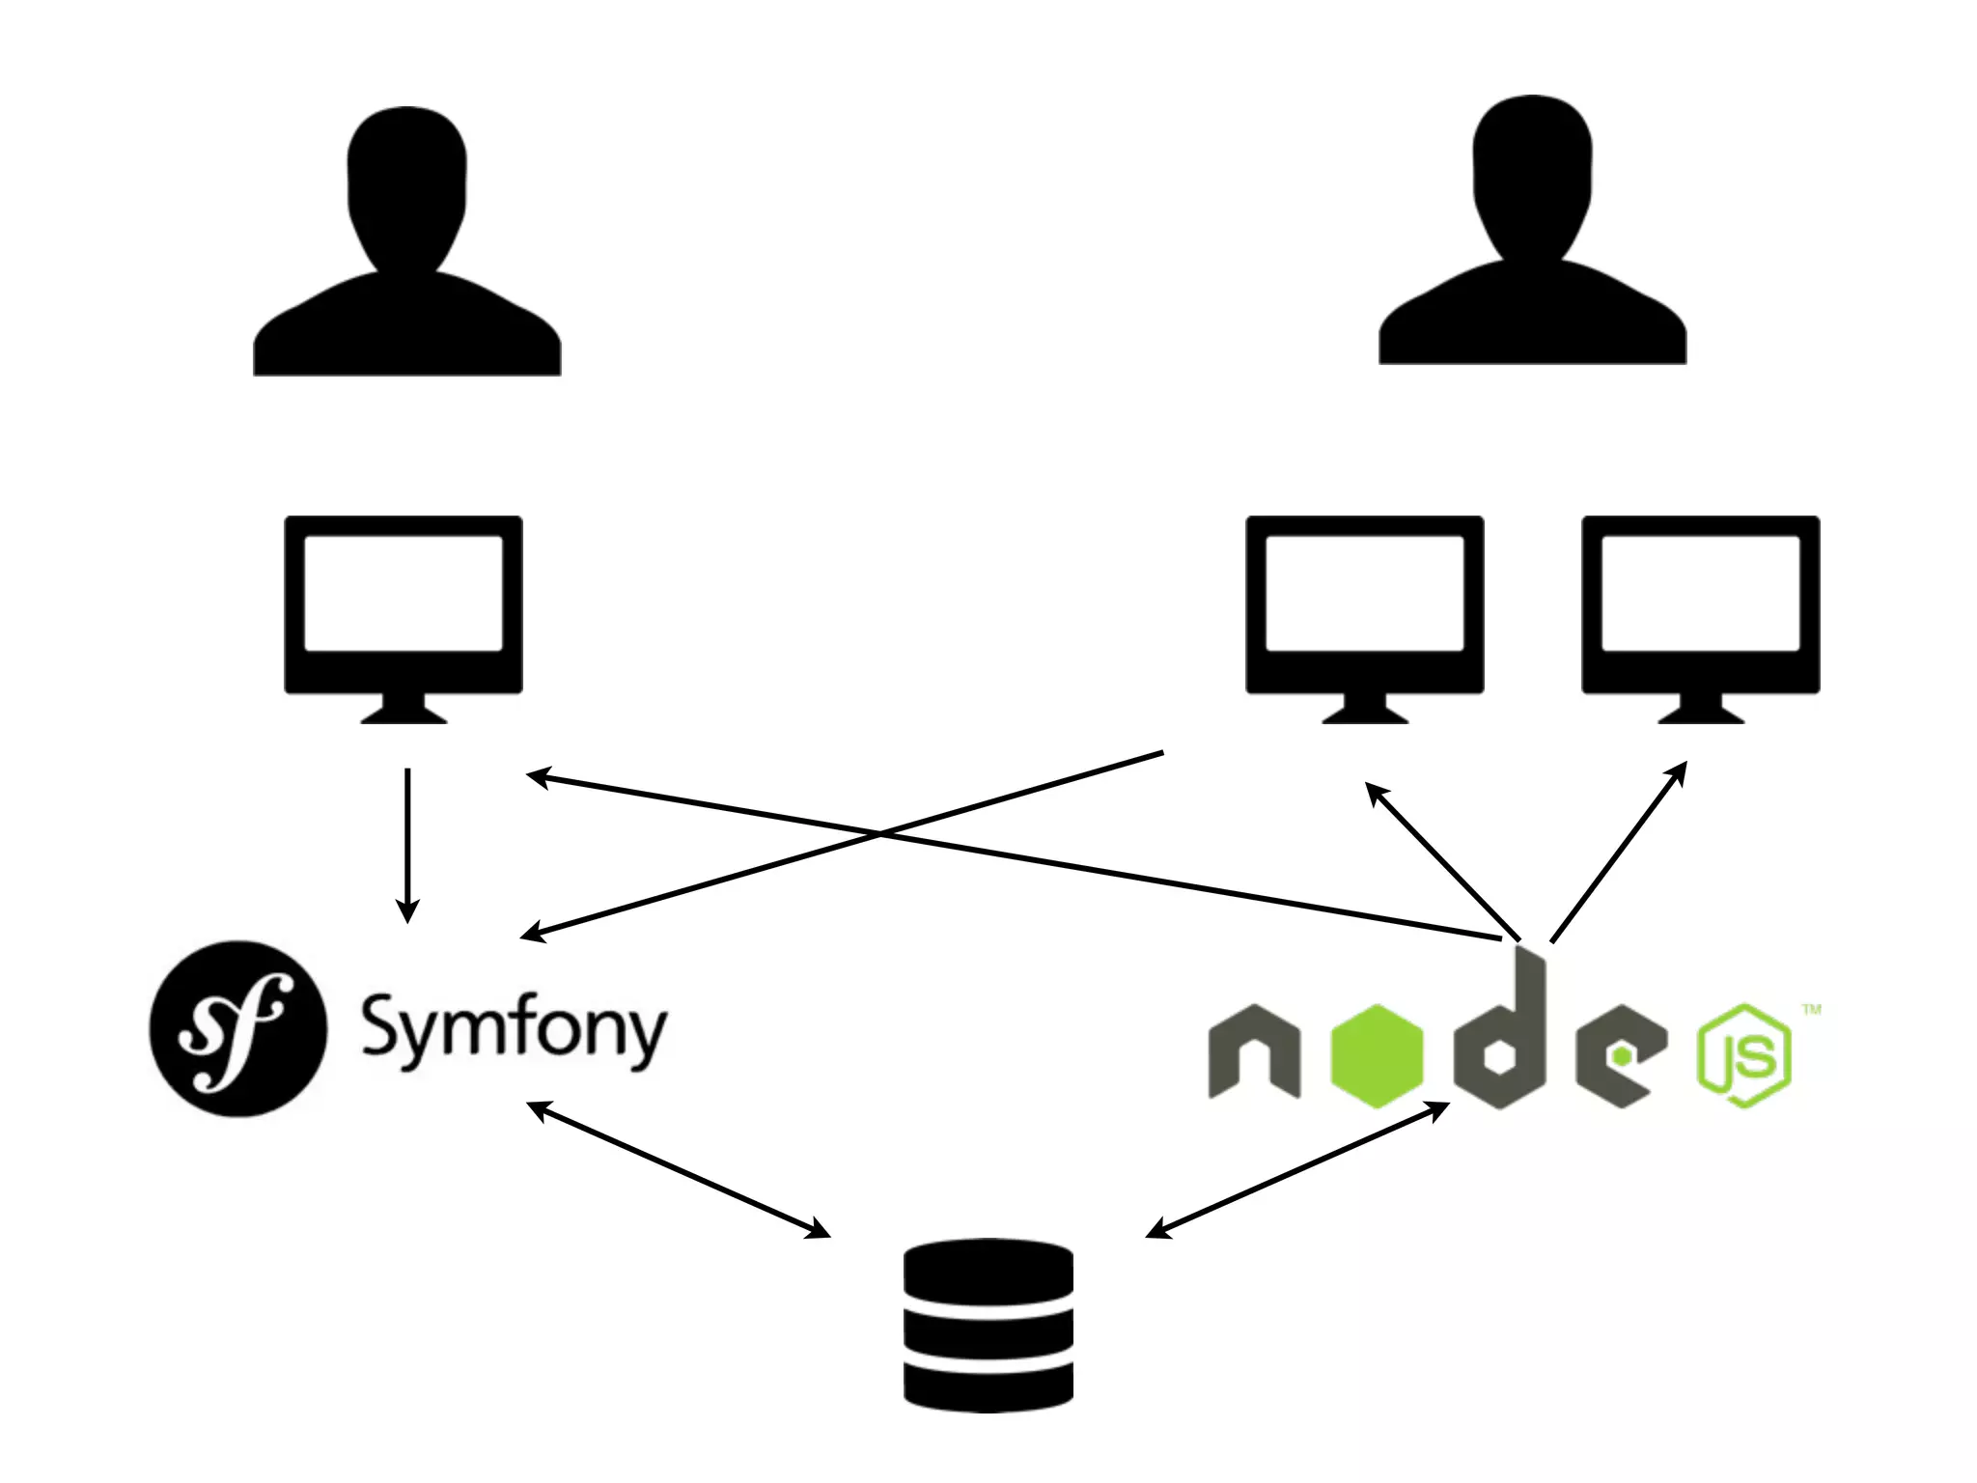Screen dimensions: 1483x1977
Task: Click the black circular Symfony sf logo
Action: tap(237, 1029)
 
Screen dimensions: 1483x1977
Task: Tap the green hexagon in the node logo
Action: tap(1377, 1054)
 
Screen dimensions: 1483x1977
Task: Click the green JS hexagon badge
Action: tap(1744, 1055)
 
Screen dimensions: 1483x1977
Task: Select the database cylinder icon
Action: tap(988, 1326)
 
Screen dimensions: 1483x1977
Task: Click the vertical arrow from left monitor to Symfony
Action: tap(407, 845)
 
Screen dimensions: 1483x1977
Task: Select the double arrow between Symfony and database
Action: tap(679, 1168)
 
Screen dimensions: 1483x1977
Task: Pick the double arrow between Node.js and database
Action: tap(1297, 1168)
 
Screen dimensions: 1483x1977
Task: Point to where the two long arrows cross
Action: tap(878, 833)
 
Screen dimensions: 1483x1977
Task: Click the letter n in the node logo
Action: tap(1253, 1052)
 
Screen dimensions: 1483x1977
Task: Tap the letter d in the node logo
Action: tap(1502, 1038)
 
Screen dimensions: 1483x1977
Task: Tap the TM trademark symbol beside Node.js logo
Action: tap(1812, 1010)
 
